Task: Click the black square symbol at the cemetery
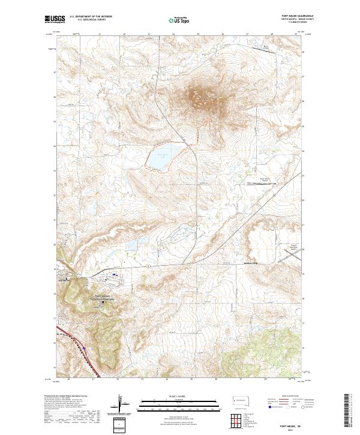tap(103, 302)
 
